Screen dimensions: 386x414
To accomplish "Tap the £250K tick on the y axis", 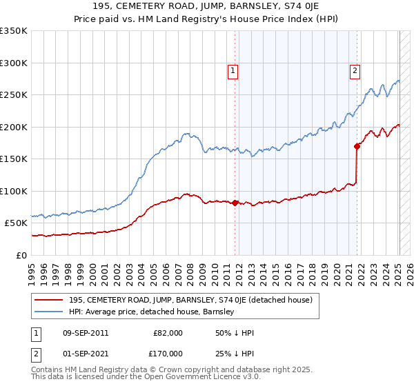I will pos(14,95).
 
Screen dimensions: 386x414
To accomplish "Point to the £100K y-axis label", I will pos(14,191).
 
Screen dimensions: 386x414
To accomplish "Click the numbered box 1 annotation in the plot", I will pos(233,70).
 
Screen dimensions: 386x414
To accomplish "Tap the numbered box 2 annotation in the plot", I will pos(355,70).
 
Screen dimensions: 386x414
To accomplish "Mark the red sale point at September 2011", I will pos(235,203).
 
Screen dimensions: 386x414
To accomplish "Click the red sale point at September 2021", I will pos(357,146).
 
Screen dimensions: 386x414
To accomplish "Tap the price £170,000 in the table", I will pos(168,354).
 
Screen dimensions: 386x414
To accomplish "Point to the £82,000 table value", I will pos(168,333).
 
